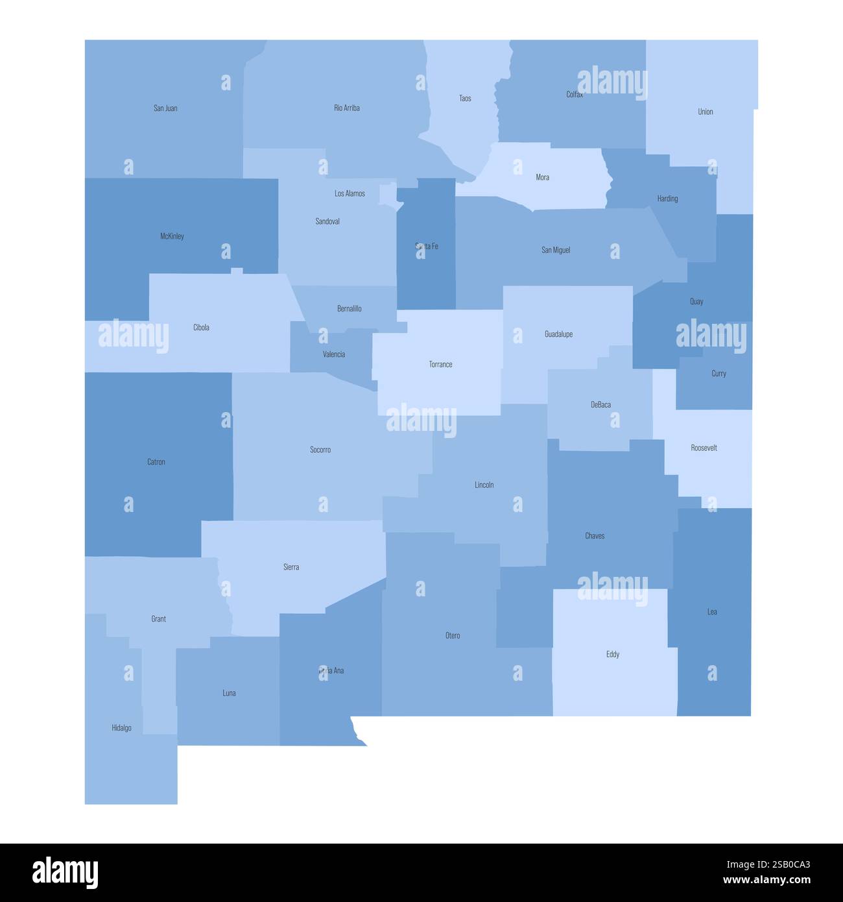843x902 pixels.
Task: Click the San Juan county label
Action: coord(165,108)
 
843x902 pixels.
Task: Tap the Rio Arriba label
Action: coord(347,108)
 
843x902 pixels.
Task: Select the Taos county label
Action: coord(465,99)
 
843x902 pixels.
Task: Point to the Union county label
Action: coord(706,112)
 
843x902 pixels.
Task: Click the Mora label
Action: coord(543,177)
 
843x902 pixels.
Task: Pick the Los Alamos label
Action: coord(350,193)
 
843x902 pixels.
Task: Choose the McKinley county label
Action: coord(172,236)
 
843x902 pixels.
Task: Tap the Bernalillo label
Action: coord(350,309)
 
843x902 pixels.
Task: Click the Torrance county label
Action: coord(440,365)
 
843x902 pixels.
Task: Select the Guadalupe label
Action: coord(558,335)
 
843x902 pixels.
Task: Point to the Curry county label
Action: coord(718,374)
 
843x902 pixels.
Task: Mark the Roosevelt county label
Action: coord(704,448)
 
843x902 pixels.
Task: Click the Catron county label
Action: coord(156,462)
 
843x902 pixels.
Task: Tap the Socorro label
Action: coord(320,450)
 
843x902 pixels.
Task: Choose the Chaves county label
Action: coord(595,536)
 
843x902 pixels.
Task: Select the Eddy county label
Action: coord(613,654)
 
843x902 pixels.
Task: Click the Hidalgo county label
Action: coord(121,728)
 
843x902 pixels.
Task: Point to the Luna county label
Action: coord(229,693)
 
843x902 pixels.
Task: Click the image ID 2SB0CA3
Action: coord(768,864)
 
